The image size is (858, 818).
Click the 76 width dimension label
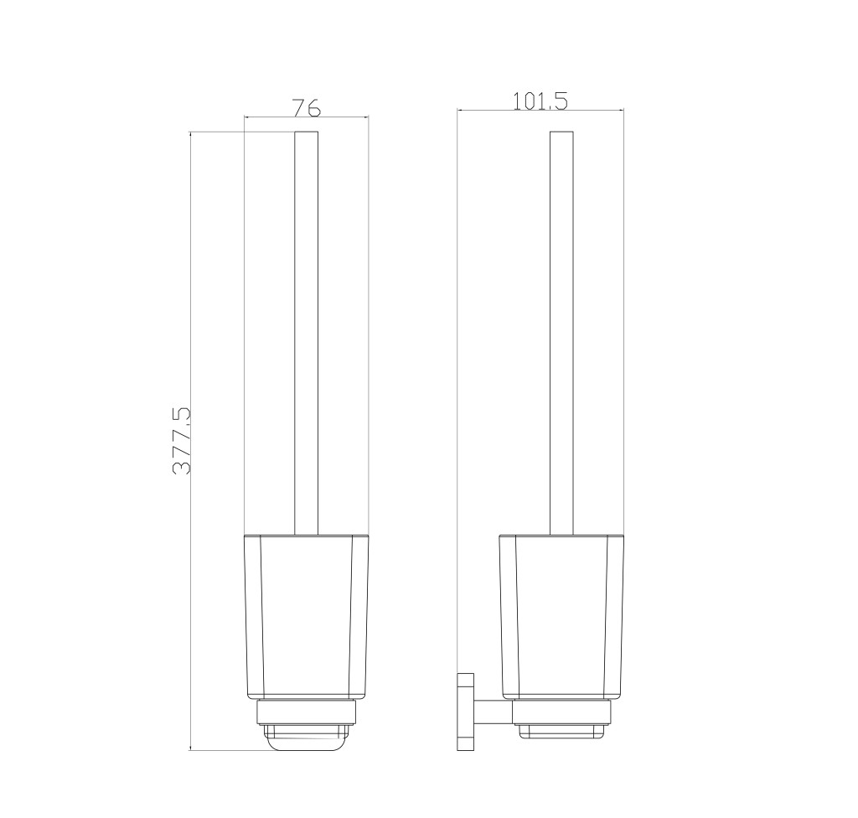pos(306,107)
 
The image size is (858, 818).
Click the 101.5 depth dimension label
pos(540,101)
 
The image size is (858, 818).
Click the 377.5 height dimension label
pos(182,440)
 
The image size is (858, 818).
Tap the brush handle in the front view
pos(307,333)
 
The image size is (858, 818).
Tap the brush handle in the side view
pos(561,333)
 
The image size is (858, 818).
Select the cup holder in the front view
pos(307,617)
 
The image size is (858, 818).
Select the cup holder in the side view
pos(561,617)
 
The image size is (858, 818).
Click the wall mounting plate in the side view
pos(466,712)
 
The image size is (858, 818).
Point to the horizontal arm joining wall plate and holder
pos(493,712)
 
